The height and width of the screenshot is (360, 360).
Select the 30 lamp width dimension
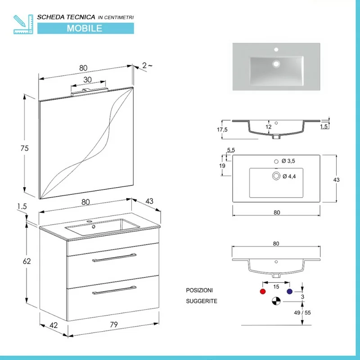87,80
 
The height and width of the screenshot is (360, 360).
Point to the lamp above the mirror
90,91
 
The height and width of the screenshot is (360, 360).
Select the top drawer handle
113,258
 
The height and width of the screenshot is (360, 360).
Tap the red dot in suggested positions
263,291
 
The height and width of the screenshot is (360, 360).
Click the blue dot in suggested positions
289,291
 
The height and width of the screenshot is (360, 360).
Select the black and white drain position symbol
276,301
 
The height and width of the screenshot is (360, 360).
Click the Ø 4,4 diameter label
288,176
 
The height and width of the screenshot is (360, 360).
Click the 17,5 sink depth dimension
222,129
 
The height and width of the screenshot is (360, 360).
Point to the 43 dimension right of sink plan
336,180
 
